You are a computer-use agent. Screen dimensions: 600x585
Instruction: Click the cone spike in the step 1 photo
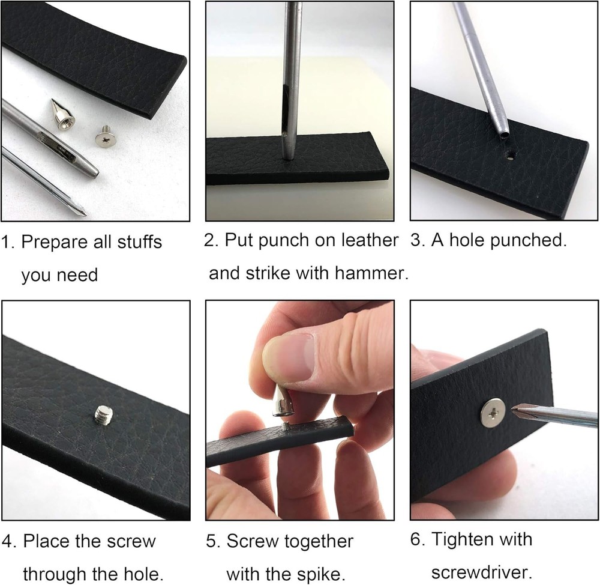click(x=63, y=116)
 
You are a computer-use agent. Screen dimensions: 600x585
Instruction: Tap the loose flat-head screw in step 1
click(x=106, y=136)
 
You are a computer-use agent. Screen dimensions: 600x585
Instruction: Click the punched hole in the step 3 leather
click(x=511, y=156)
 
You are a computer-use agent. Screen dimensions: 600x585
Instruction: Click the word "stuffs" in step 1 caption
click(x=140, y=241)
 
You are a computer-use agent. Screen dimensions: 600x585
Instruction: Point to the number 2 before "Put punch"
click(x=209, y=241)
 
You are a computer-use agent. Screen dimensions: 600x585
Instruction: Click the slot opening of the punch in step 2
click(x=285, y=111)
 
